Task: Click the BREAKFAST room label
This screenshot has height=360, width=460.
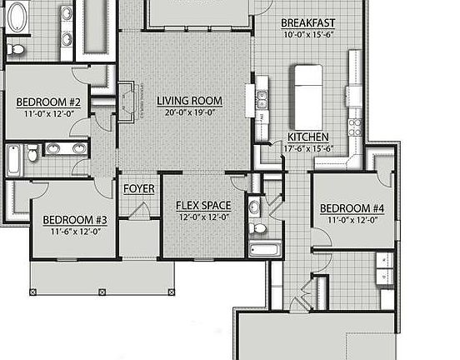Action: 308,22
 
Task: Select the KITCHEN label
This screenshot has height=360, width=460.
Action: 308,137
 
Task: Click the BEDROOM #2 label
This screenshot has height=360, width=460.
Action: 48,102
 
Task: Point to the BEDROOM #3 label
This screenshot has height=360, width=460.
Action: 75,220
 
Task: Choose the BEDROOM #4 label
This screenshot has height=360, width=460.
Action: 352,208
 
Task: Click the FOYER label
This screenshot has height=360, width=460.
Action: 139,189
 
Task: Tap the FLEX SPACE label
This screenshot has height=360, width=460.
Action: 202,205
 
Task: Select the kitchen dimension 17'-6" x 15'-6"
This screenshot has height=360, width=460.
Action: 308,148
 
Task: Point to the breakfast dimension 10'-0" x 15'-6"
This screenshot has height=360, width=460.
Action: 308,34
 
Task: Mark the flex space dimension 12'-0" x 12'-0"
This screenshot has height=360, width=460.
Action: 202,217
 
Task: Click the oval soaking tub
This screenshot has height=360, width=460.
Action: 15,17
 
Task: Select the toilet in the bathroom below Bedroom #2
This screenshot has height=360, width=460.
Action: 32,153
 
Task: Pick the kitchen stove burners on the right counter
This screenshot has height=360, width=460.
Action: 355,127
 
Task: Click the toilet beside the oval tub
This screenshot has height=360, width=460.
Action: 15,50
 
